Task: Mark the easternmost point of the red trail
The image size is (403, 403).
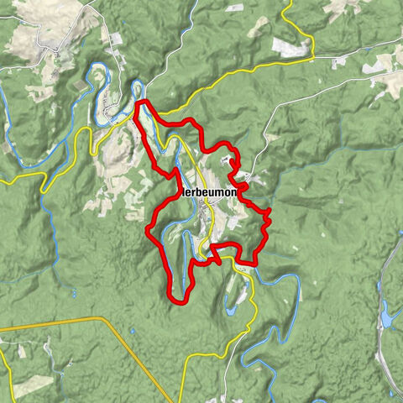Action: tap(270, 220)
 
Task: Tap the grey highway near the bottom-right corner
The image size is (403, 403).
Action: tap(388, 369)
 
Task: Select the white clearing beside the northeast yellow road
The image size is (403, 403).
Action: tap(290, 47)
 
